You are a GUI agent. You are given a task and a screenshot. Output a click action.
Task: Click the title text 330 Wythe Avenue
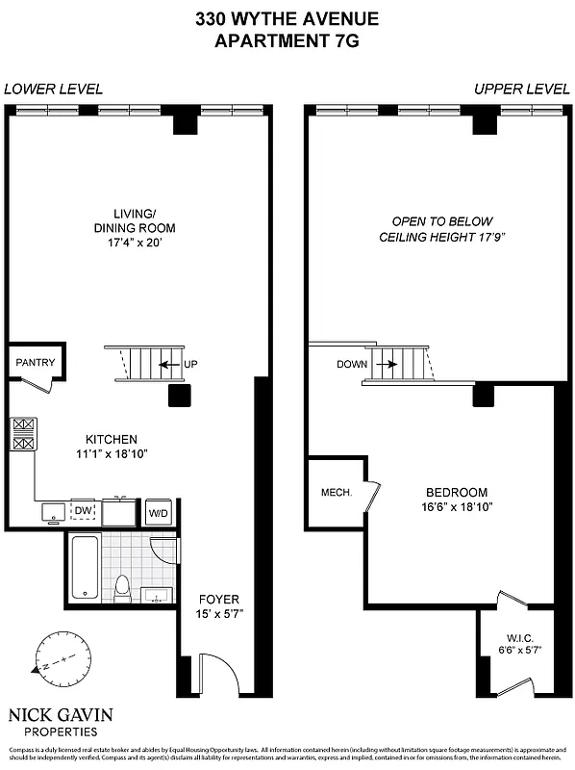pos(287,18)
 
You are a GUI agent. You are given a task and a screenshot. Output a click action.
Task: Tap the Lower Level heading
pos(53,90)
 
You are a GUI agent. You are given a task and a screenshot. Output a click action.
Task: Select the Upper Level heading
pos(522,90)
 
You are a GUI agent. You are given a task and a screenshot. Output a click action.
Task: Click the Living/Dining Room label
pos(141,228)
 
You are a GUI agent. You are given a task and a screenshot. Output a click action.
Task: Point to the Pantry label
pos(36,363)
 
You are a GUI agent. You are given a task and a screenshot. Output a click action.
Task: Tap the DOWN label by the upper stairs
pos(351,365)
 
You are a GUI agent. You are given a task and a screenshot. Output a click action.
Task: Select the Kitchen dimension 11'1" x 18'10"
pos(112,453)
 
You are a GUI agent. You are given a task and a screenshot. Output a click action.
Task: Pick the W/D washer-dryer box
pos(157,513)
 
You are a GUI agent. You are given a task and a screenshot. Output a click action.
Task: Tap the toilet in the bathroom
pos(122,586)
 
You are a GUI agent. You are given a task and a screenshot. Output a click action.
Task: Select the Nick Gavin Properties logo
pos(60,722)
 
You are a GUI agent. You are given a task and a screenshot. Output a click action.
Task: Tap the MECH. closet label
pos(336,493)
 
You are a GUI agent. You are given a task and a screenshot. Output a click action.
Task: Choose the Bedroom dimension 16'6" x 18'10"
pos(459,507)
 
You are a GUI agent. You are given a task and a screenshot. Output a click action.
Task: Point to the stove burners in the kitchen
pos(24,434)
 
